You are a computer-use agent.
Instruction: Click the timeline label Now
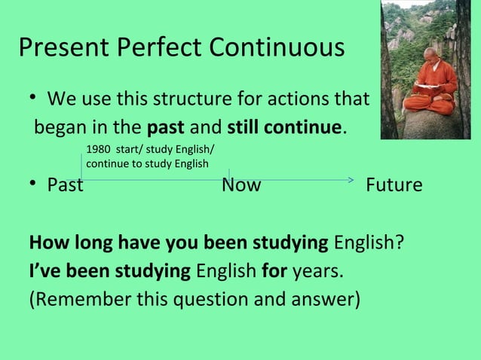tap(241, 185)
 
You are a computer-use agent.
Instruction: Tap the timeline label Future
tap(394, 185)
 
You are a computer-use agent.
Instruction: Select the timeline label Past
tap(65, 185)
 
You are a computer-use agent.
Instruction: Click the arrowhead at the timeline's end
tap(350, 179)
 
